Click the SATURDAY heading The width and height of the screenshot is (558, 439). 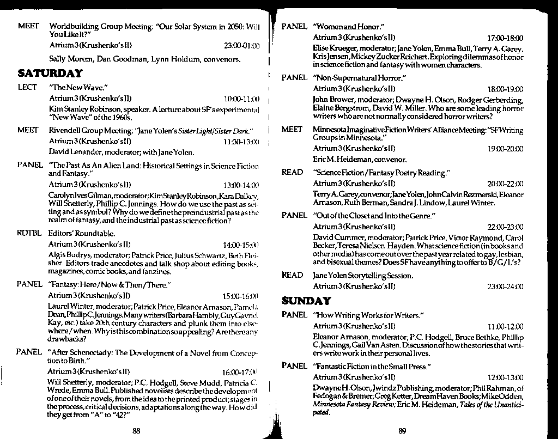coord(50,73)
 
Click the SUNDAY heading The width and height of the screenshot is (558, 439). coord(306,301)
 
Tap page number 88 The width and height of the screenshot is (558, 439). coord(137,431)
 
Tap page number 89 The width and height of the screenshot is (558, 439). coord(402,431)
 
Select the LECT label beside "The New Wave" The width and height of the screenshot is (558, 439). coord(27,87)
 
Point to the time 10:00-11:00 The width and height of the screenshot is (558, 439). coord(241,99)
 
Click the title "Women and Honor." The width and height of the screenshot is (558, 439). coord(349,27)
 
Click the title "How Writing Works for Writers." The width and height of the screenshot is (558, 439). coord(369,315)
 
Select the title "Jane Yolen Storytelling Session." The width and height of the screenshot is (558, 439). coord(363,276)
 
